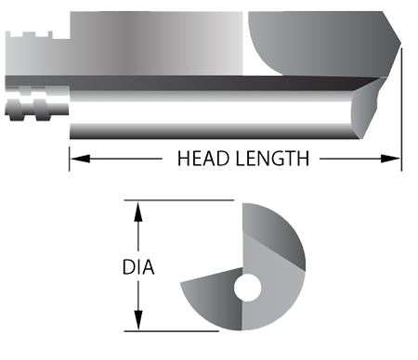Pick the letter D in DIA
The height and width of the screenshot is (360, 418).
pyautogui.click(x=128, y=269)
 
